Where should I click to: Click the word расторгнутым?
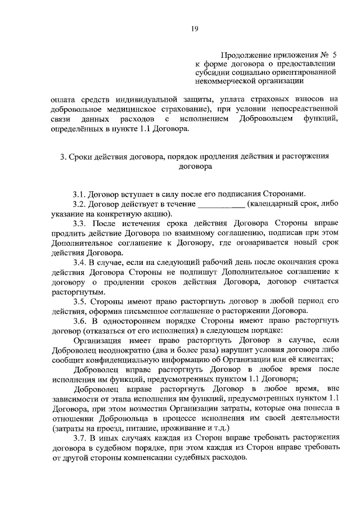click(70, 292)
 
